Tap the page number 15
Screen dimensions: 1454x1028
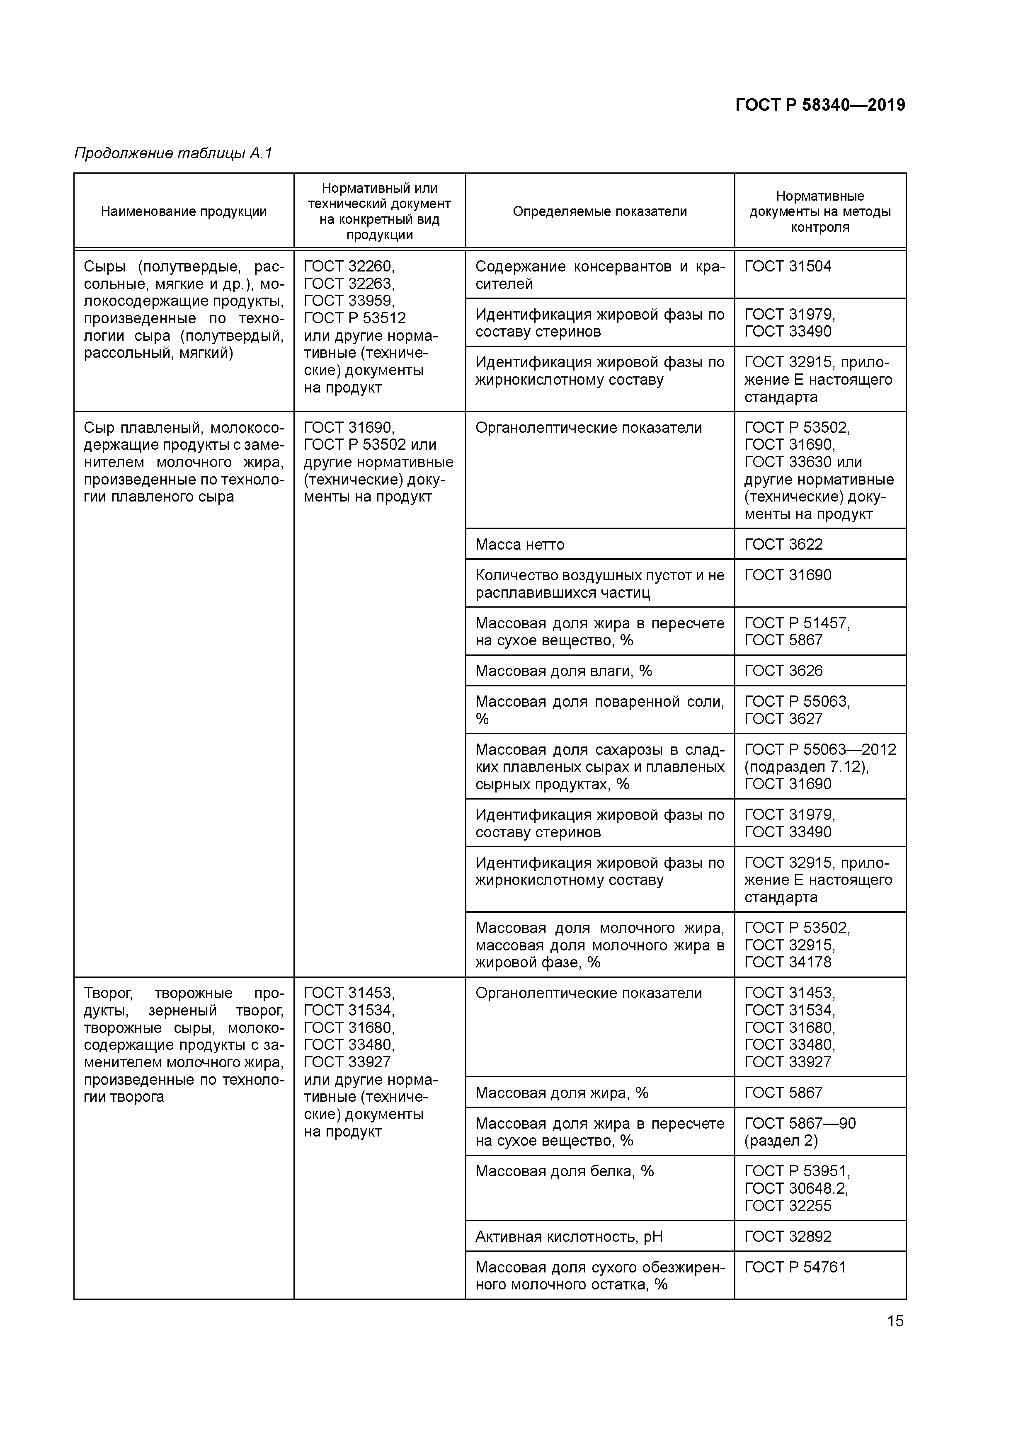point(895,1321)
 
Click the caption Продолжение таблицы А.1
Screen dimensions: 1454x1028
point(173,153)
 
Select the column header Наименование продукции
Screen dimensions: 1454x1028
point(184,211)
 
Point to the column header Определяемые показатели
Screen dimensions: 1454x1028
point(599,211)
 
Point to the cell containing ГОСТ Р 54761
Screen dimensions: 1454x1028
point(795,1268)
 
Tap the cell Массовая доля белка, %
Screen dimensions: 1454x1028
point(564,1172)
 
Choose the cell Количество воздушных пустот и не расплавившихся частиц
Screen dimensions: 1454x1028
point(599,584)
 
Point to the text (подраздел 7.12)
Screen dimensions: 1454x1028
point(806,767)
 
